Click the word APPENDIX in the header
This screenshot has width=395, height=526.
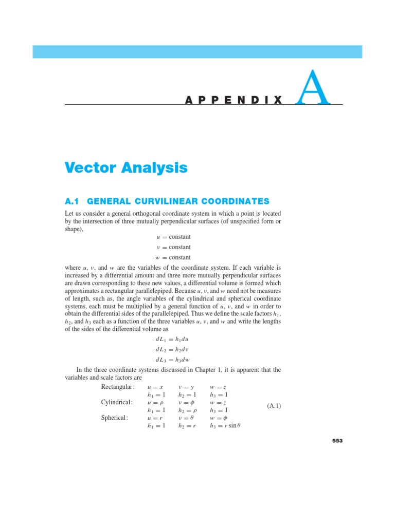(234, 100)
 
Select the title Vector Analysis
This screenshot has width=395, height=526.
(126, 167)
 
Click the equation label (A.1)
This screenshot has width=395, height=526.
(274, 406)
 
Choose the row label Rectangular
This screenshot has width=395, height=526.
(118, 386)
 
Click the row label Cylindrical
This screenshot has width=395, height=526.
(117, 402)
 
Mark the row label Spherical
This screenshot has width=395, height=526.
(115, 418)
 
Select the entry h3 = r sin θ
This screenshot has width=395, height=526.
(224, 426)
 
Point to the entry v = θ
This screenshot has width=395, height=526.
(186, 418)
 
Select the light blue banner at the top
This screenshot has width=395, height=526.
(197, 51)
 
